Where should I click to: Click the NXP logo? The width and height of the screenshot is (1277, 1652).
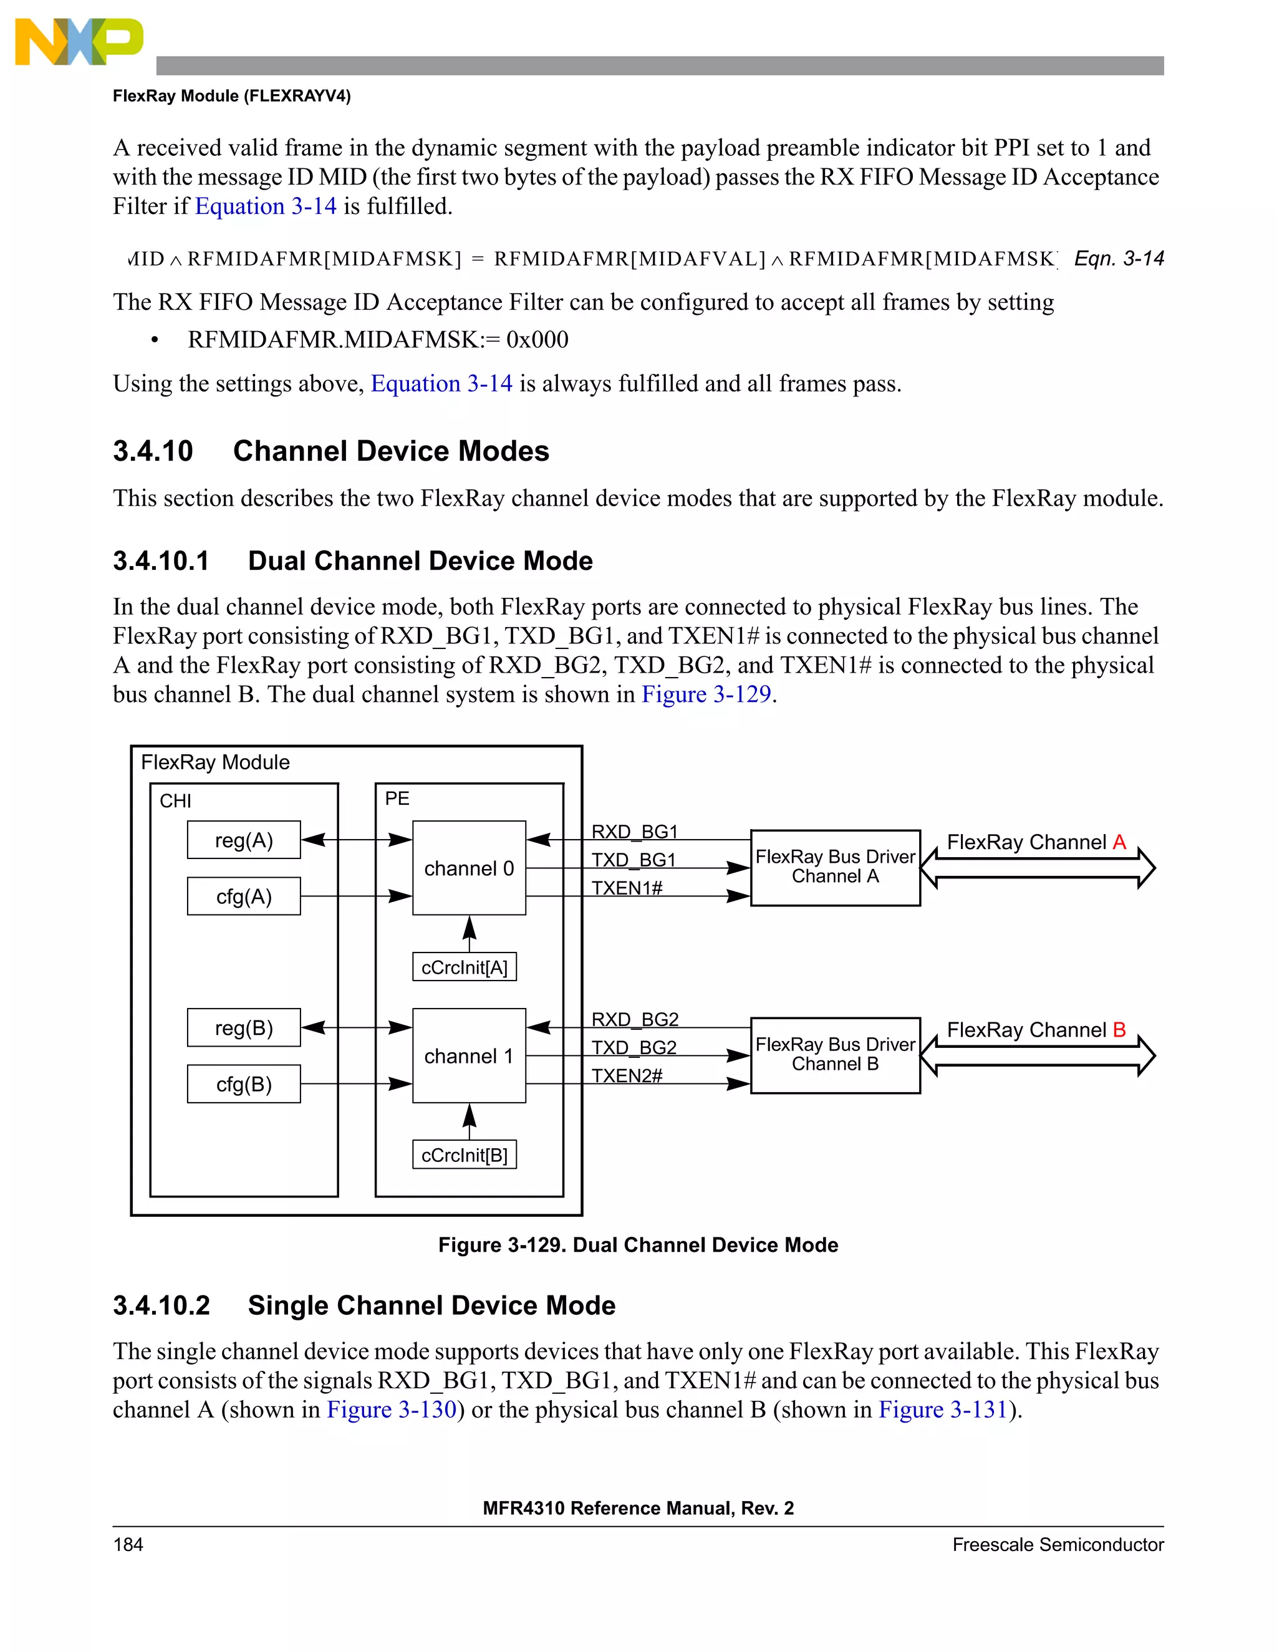click(x=79, y=42)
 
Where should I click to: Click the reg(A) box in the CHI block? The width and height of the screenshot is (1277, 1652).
click(x=244, y=840)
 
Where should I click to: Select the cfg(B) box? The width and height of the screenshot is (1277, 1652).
click(x=244, y=1084)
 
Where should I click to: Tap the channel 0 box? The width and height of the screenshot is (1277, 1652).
click(x=469, y=868)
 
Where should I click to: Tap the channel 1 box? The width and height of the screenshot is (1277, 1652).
click(x=469, y=1056)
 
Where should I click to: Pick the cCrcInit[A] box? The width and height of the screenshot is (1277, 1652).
click(x=465, y=968)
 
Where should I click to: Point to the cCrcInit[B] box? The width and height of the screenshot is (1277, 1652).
click(x=465, y=1155)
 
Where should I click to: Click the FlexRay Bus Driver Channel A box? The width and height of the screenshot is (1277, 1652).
click(x=835, y=868)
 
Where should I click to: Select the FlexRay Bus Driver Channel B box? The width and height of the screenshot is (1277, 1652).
click(x=835, y=1055)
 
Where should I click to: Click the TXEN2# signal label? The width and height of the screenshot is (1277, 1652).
click(x=627, y=1075)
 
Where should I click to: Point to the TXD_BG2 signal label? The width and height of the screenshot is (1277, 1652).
click(x=634, y=1048)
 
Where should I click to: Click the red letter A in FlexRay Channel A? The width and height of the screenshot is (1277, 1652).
click(x=1119, y=842)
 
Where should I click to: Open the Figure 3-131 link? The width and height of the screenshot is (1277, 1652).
click(x=943, y=1410)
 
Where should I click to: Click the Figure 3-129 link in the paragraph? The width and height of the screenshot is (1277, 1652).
click(x=706, y=694)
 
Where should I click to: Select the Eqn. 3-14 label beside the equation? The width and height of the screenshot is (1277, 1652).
click(x=1118, y=259)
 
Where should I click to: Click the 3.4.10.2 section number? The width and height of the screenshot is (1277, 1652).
click(x=161, y=1306)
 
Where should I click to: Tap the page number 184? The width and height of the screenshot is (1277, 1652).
click(x=128, y=1545)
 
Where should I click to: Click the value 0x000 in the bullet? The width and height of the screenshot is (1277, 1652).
click(x=537, y=340)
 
